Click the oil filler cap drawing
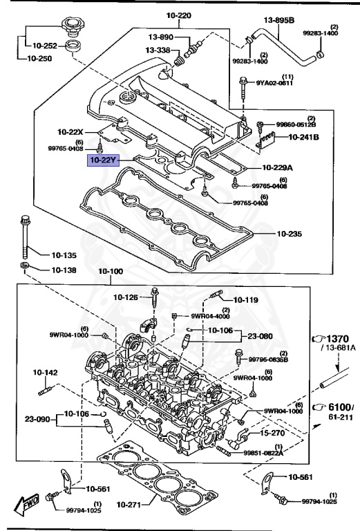click(72, 30)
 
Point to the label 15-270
click(274, 433)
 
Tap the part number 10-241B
click(303, 137)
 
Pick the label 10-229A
click(277, 167)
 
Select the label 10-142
click(44, 372)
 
